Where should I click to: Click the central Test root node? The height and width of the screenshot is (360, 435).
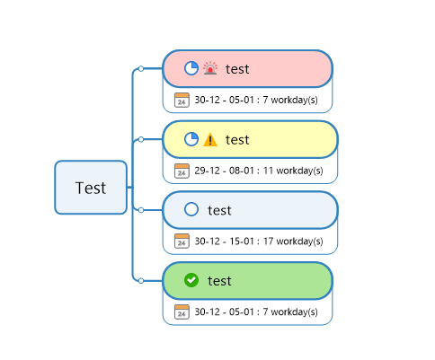[91, 188]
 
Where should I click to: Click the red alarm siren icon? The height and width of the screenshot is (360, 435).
[210, 68]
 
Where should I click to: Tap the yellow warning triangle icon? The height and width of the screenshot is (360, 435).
[210, 139]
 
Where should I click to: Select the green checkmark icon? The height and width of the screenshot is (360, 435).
[191, 280]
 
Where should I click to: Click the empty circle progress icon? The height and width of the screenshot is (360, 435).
[191, 209]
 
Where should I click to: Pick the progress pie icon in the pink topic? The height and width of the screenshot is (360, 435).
[191, 68]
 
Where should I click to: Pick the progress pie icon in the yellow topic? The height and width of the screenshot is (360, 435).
[191, 139]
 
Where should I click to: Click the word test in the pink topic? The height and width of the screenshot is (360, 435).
[237, 69]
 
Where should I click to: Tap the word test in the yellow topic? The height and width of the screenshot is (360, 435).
[237, 140]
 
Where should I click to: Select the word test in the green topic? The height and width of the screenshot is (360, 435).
[219, 281]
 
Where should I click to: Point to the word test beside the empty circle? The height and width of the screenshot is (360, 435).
[219, 210]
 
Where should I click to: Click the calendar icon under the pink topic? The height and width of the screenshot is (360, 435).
[182, 100]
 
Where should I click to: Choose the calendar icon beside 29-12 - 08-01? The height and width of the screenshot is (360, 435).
[182, 171]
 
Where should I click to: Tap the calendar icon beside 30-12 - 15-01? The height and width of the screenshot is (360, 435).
[182, 241]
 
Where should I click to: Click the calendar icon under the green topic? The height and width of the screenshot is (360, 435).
[182, 312]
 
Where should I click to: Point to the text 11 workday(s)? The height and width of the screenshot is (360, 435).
[293, 171]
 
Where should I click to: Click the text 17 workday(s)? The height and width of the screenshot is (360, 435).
[293, 241]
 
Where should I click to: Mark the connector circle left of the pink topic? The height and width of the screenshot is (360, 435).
[141, 68]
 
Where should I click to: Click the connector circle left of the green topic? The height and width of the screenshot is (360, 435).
[141, 280]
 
